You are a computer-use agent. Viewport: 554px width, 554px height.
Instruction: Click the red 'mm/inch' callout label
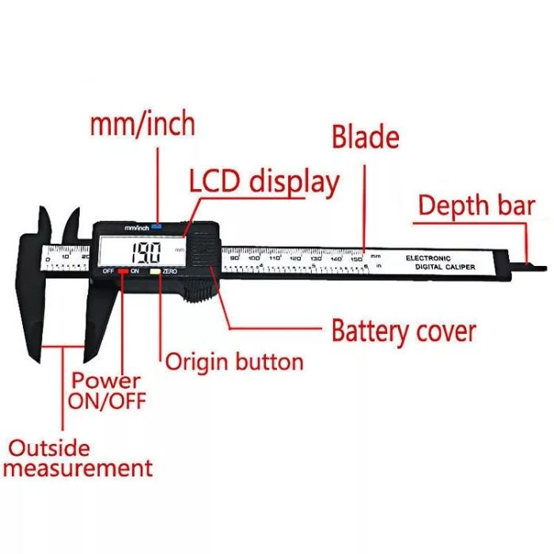coord(142,124)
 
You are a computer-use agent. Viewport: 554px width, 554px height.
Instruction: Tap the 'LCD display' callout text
coord(264,181)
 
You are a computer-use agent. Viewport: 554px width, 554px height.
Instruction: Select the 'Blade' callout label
coord(365,136)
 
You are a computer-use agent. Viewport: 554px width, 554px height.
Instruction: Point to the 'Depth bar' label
coord(476,207)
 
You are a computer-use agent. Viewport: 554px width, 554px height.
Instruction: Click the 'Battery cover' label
coord(404,329)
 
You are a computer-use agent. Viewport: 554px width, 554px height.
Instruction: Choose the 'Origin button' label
coord(234,362)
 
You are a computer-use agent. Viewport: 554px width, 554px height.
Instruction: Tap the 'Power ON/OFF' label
coord(107,391)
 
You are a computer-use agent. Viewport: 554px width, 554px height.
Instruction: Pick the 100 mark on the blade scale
coord(253,258)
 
